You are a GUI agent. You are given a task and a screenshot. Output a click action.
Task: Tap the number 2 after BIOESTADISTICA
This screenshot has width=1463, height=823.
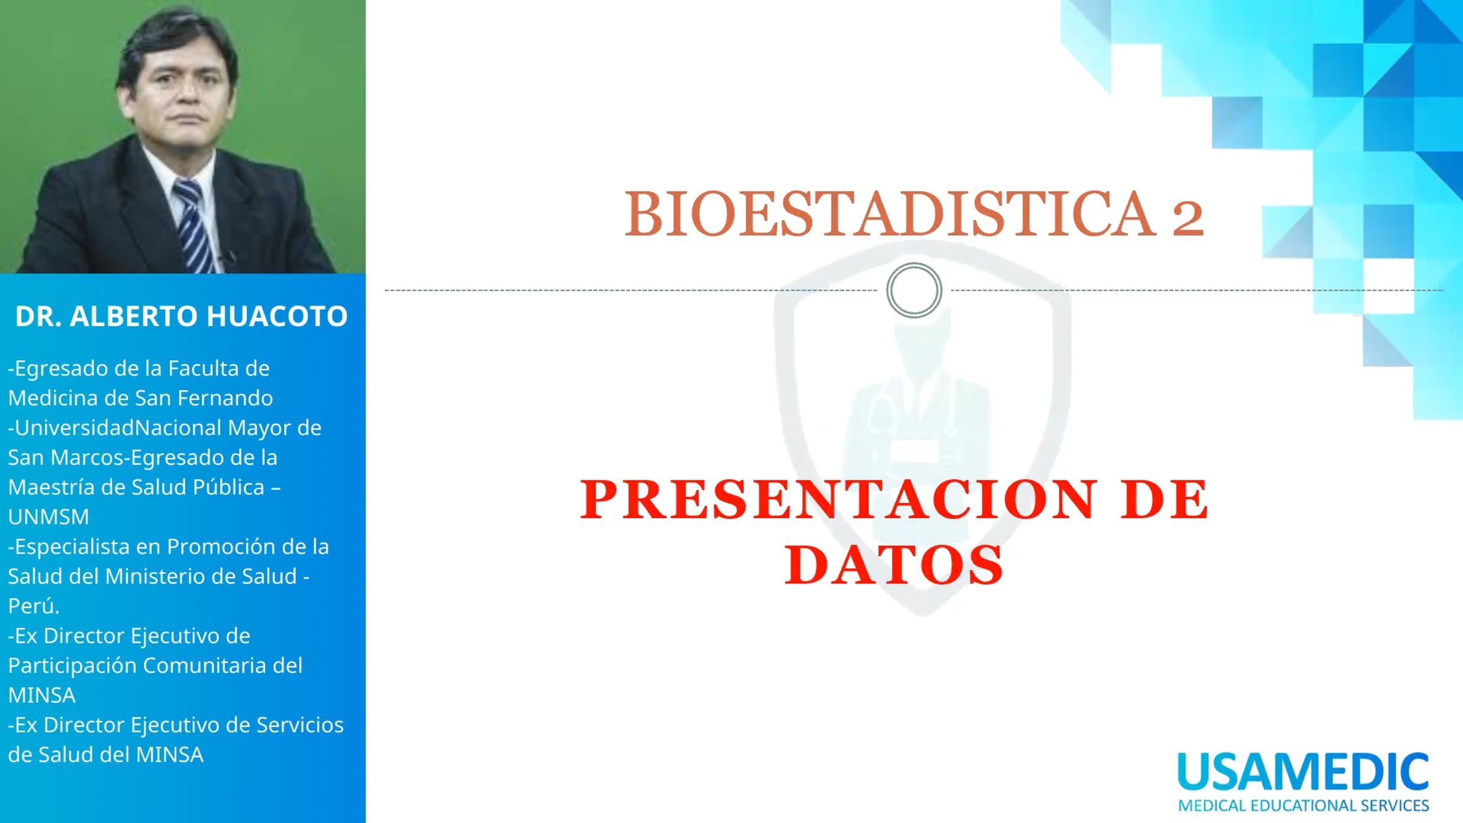(x=1187, y=218)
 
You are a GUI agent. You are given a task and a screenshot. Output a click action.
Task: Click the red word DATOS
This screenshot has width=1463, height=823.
(x=894, y=565)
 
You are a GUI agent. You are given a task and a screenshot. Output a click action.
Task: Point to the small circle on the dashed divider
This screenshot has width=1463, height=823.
(x=914, y=264)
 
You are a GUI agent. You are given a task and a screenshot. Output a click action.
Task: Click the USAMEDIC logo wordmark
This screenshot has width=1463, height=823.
(x=1303, y=772)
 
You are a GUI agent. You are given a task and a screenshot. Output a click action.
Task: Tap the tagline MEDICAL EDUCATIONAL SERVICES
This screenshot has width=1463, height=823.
(x=1303, y=805)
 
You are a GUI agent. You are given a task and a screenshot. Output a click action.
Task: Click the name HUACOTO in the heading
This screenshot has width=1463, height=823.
(x=277, y=316)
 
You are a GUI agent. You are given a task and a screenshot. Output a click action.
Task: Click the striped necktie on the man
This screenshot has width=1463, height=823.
(x=194, y=226)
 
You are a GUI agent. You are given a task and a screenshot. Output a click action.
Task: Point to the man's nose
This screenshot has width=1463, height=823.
(x=186, y=91)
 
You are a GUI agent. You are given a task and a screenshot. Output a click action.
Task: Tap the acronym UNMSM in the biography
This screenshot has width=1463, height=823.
(x=49, y=517)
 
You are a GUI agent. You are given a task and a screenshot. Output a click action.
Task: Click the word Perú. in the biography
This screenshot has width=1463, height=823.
(x=34, y=606)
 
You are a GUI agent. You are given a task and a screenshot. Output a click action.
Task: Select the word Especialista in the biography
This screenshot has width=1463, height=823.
(x=72, y=547)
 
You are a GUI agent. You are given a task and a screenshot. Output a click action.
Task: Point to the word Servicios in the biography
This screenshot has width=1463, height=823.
(x=300, y=725)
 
